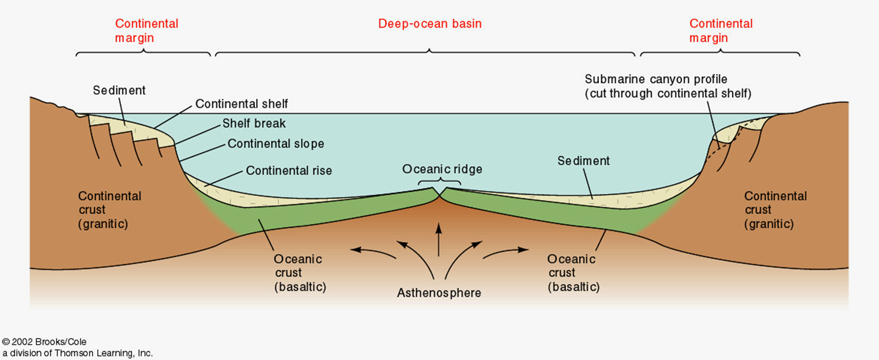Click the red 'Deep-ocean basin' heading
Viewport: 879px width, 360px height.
coord(430,24)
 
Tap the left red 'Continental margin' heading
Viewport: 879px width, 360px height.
coord(146,31)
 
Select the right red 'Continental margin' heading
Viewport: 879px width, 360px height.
coord(720,31)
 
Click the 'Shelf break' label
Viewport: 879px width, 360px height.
coord(254,124)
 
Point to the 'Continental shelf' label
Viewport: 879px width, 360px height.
coord(241,104)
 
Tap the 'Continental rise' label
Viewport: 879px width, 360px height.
coord(289,171)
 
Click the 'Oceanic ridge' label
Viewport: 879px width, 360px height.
coord(442,169)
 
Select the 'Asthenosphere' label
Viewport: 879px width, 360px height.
coord(438,293)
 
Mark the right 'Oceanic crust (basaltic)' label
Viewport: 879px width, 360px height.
coord(571,273)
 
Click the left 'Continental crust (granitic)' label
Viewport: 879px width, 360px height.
coord(110,210)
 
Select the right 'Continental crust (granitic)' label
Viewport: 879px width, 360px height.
coord(775,210)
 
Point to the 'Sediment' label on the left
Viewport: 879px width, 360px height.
coord(119,90)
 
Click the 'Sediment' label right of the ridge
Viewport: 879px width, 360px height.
coord(584,161)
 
